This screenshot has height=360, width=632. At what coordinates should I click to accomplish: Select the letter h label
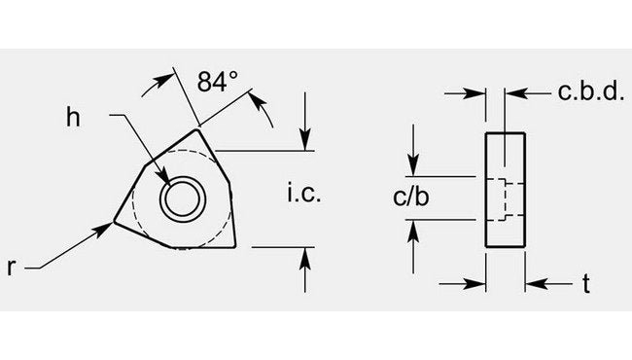[73, 117]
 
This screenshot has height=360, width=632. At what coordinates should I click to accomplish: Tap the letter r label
[14, 265]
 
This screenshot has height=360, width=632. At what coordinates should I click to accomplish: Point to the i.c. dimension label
[303, 194]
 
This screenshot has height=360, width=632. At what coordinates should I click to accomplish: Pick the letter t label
[587, 285]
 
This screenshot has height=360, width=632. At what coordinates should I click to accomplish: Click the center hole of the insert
[182, 198]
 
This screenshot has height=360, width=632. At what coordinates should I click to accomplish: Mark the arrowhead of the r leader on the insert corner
[106, 227]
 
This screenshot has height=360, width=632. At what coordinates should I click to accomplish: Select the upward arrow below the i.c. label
[306, 255]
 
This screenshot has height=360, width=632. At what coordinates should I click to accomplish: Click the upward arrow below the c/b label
[415, 229]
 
